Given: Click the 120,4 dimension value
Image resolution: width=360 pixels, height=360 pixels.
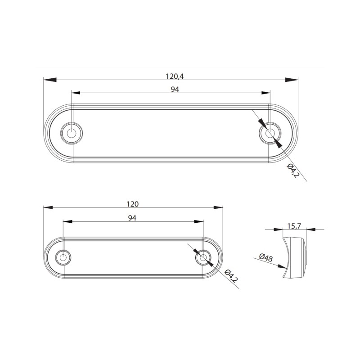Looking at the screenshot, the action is click(175, 76).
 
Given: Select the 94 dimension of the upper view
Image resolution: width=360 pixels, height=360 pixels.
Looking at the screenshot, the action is click(175, 89).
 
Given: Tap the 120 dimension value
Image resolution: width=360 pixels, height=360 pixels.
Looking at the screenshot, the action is click(132, 204).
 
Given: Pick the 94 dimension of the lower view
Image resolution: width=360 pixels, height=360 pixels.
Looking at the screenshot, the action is click(132, 218).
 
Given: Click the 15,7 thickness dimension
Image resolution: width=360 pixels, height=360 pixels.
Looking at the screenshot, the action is click(294, 226).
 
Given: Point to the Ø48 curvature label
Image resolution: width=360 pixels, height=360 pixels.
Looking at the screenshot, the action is click(266, 257).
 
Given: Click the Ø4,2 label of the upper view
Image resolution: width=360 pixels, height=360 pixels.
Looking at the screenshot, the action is click(293, 171).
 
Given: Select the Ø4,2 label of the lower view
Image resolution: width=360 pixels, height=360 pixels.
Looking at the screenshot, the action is click(231, 275).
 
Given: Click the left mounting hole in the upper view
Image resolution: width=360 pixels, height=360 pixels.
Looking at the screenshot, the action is click(72, 133).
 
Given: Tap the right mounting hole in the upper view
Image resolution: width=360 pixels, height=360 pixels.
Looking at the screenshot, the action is click(270, 133).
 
